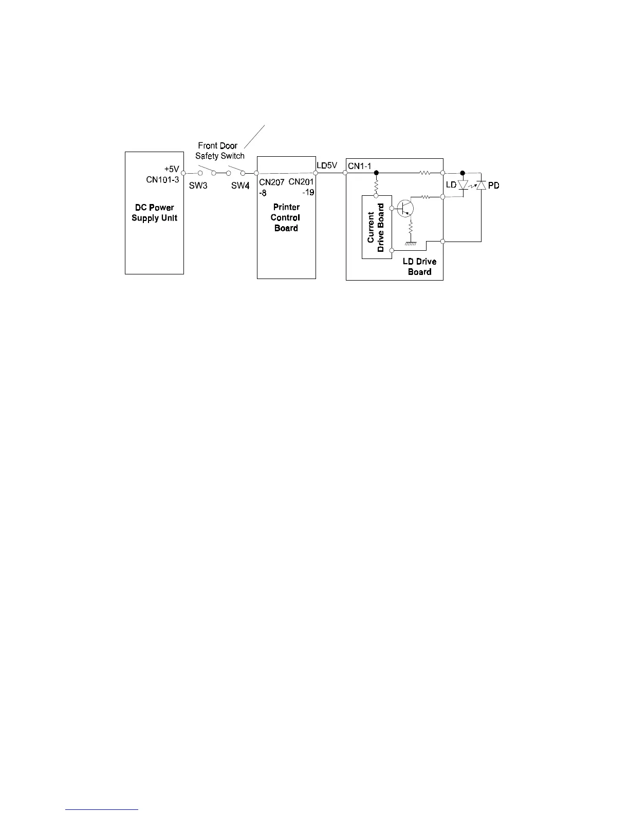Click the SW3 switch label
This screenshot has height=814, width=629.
coord(198,186)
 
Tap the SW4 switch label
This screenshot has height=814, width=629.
coord(240,186)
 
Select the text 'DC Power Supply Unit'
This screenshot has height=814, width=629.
coord(154,213)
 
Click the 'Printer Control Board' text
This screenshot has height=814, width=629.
coord(286,217)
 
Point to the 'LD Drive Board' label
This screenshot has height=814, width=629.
coord(419,267)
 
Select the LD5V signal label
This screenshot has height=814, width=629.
coord(327,165)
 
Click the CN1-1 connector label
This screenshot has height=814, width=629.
coord(360,166)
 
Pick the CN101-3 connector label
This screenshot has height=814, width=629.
coord(162,179)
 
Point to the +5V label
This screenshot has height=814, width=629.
coord(172,169)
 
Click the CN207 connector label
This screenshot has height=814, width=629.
coord(271,182)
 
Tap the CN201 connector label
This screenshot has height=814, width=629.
coord(301,182)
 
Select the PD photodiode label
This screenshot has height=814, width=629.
coord(493,185)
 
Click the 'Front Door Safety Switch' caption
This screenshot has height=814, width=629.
coord(219,151)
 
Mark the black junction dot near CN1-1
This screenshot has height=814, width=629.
coord(376,173)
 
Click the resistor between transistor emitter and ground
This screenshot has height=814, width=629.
coord(410,227)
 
